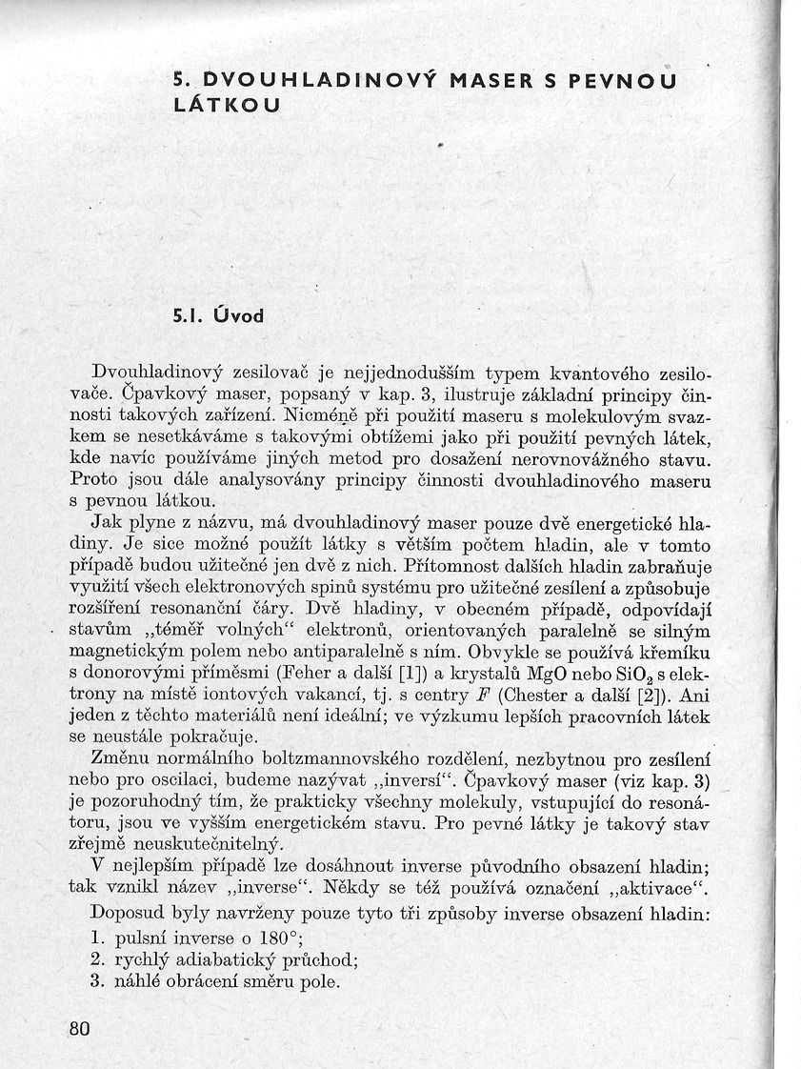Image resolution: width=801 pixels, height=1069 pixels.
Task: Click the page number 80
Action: (x=80, y=1029)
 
